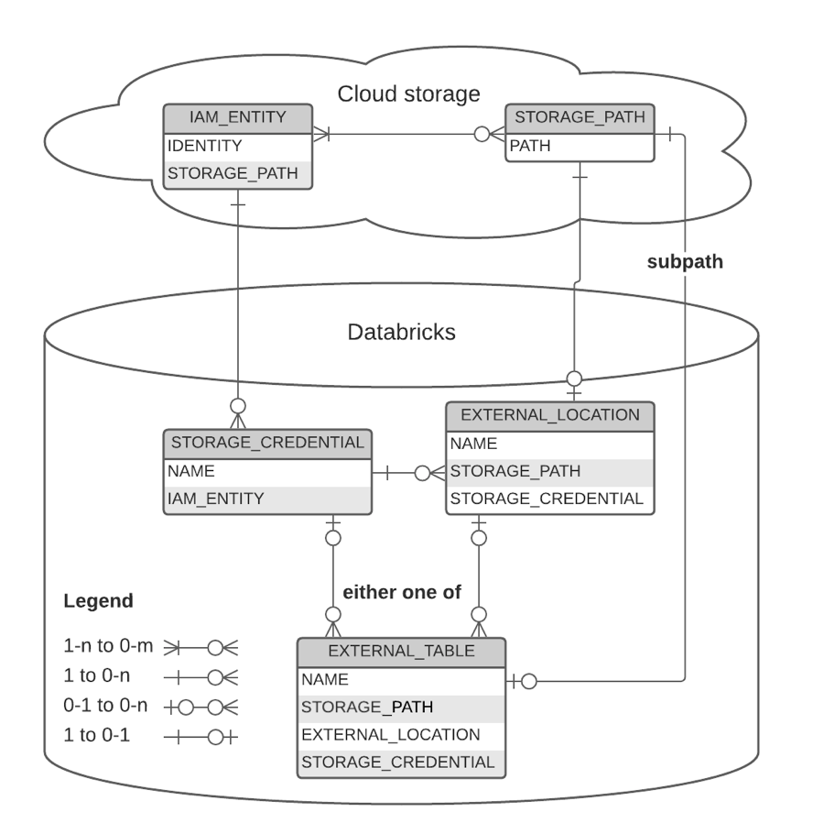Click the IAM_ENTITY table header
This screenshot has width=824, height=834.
238,117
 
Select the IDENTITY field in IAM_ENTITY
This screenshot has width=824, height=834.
205,146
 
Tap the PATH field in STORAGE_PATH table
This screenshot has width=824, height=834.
530,146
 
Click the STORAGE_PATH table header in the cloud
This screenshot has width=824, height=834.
580,117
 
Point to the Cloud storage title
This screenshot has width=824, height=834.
408,93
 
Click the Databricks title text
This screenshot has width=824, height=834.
401,332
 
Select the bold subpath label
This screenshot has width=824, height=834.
685,261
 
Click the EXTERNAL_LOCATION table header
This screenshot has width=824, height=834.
549,415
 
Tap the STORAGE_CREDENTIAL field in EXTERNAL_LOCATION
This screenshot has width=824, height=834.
546,499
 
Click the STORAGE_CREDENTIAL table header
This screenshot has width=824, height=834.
267,443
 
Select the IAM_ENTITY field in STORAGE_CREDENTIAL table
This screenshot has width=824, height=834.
215,499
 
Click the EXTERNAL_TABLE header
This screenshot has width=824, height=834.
401,652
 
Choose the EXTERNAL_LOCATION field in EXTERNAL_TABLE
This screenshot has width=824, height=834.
390,734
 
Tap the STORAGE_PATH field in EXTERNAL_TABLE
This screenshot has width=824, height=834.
366,707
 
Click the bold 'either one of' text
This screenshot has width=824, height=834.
402,592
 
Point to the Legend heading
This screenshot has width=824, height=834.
98,601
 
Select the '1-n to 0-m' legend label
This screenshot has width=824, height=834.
108,646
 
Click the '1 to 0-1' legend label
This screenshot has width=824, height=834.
97,734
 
